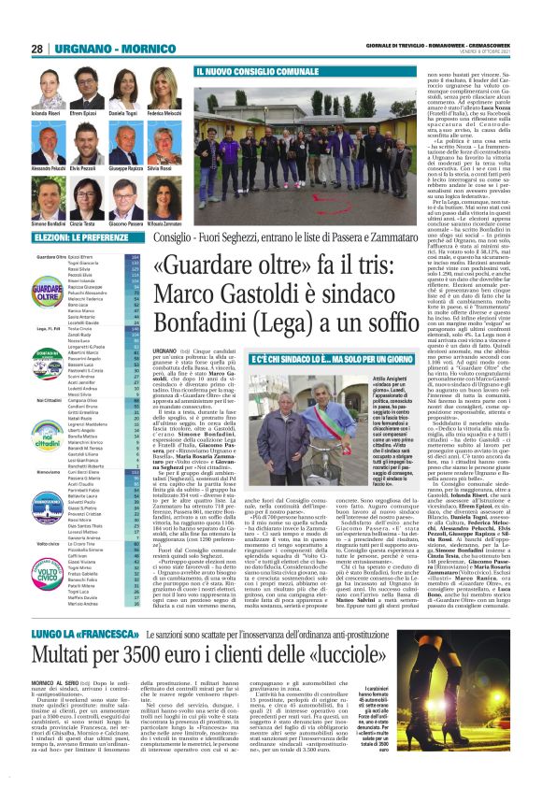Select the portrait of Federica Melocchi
pyautogui.click(x=164, y=86)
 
